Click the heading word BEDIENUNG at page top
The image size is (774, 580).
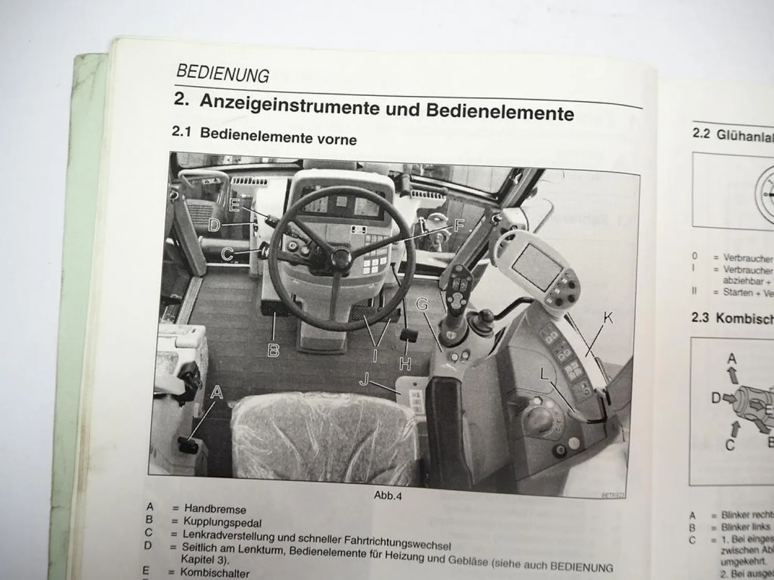[x=222, y=74]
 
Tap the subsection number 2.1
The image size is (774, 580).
[x=182, y=132]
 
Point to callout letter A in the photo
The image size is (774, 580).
[x=217, y=392]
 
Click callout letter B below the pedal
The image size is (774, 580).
[x=273, y=351]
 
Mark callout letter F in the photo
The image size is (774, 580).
[x=459, y=225]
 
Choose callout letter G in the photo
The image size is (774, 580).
[x=422, y=305]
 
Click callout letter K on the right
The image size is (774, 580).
[x=608, y=318]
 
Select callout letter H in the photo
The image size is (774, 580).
[x=405, y=363]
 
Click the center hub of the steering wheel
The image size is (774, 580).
[x=341, y=256]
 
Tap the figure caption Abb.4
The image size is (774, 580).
[x=388, y=496]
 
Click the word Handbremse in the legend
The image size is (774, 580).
[x=215, y=509]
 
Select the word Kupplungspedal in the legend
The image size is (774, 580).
[x=222, y=523]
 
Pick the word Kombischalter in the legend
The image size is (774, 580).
[x=215, y=573]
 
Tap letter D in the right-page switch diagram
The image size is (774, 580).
[x=716, y=398]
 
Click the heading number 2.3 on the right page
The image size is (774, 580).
[x=700, y=317]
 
